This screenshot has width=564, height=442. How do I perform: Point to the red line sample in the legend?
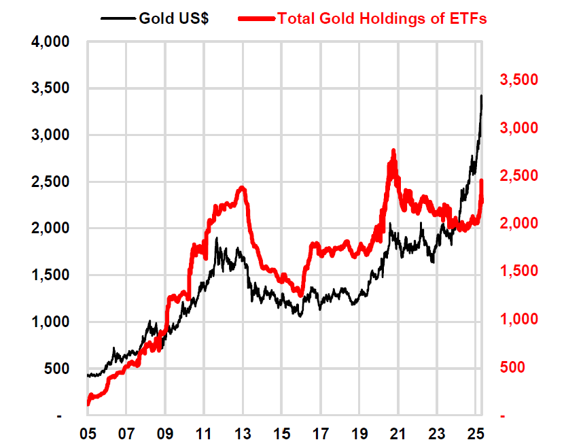pyautogui.click(x=257, y=18)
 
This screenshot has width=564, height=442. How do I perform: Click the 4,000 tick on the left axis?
pyautogui.click(x=51, y=42)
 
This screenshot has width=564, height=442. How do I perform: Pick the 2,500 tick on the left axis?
pyautogui.click(x=51, y=182)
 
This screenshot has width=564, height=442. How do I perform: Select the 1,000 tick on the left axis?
pyautogui.click(x=51, y=322)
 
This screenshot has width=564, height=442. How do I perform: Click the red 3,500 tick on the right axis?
pyautogui.click(x=519, y=80)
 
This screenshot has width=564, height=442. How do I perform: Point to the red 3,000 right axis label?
pyautogui.click(x=519, y=128)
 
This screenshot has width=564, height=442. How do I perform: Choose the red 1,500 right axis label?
pyautogui.click(x=519, y=271)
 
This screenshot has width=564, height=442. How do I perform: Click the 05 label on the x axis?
pyautogui.click(x=88, y=432)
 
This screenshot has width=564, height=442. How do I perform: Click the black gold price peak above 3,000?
pyautogui.click(x=481, y=97)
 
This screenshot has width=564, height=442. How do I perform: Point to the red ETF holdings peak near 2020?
pyautogui.click(x=393, y=151)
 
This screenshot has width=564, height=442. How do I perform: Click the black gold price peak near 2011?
pyautogui.click(x=217, y=239)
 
